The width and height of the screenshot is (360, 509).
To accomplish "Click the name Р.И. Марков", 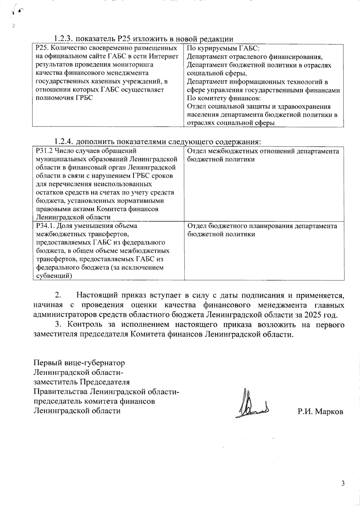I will click(x=320, y=412).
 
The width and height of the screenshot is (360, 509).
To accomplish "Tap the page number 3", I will click(x=343, y=483).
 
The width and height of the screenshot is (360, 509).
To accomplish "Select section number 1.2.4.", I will click(x=63, y=141).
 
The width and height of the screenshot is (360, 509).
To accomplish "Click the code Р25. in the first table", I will click(x=41, y=48).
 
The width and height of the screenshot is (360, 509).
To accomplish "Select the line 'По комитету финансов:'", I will click(x=223, y=98).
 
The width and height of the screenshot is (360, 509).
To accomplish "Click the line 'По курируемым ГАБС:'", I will click(x=221, y=48).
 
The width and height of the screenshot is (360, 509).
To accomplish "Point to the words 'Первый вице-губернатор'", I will click(x=79, y=363).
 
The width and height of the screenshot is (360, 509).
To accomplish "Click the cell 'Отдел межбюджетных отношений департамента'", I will click(x=263, y=151).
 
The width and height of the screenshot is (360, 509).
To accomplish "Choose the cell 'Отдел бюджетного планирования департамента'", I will click(x=262, y=226).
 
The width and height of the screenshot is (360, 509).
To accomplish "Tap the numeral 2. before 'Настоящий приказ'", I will click(x=58, y=296).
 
